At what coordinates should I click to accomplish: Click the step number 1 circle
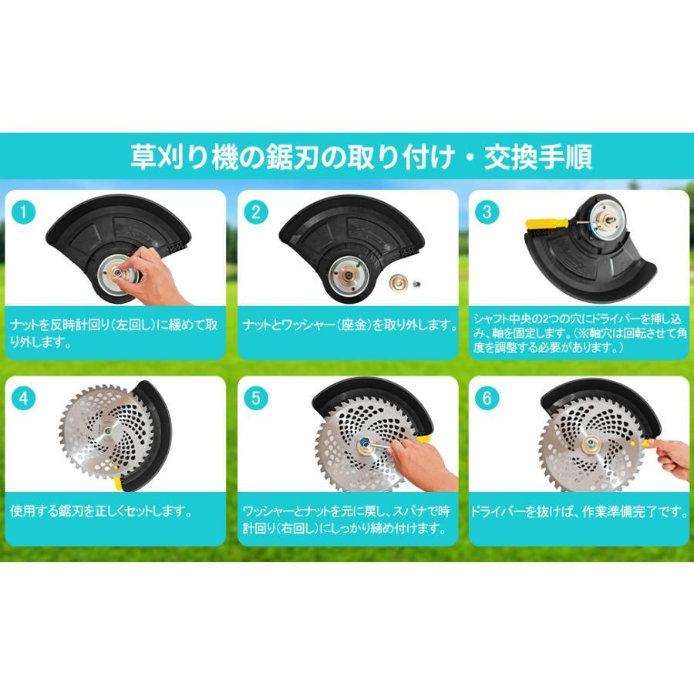pos(23,213)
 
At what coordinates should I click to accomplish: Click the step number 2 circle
pos(256,213)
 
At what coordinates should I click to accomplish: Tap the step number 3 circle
pos(487,213)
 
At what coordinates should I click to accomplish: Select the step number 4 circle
pos(23,399)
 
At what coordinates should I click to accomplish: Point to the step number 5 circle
pos(256,399)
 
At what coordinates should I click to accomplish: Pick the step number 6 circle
pos(487,399)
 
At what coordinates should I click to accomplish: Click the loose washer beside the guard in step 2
pos(399,282)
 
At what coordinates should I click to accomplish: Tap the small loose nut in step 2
pos(416,284)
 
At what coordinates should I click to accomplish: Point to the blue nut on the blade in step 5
pos(366,442)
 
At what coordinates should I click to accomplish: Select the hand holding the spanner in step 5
pos(423,465)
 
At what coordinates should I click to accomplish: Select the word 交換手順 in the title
pos(538,157)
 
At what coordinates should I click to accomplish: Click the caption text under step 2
pos(349,325)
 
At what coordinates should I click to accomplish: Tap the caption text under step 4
pos(101,511)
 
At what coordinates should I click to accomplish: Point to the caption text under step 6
pos(579,512)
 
